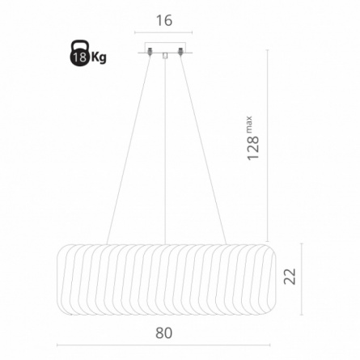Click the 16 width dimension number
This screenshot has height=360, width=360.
click(x=164, y=20)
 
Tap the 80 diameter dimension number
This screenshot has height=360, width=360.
click(x=163, y=332)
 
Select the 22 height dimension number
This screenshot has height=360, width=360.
click(x=290, y=276)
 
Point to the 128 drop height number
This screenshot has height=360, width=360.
click(x=253, y=147)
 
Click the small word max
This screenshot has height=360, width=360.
click(x=248, y=124)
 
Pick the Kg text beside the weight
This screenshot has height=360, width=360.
click(x=99, y=57)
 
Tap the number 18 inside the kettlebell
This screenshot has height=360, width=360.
click(x=80, y=57)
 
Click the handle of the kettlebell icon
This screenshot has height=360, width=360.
click(x=80, y=44)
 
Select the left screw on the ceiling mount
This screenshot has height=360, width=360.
click(x=149, y=51)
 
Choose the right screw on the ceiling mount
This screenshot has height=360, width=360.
click(x=180, y=51)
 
